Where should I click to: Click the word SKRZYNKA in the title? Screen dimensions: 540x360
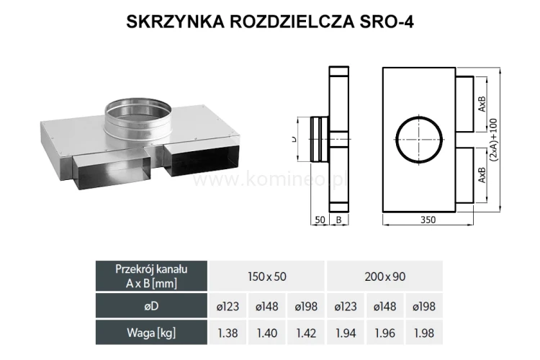tap(176, 22)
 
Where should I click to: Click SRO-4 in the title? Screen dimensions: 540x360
tap(387, 22)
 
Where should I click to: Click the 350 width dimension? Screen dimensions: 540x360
tap(428, 220)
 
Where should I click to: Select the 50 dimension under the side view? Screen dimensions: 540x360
tap(320, 220)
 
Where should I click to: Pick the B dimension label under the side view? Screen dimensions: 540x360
tap(338, 220)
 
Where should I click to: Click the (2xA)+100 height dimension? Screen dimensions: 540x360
tap(493, 140)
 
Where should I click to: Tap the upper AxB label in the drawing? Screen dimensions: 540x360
tap(482, 104)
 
